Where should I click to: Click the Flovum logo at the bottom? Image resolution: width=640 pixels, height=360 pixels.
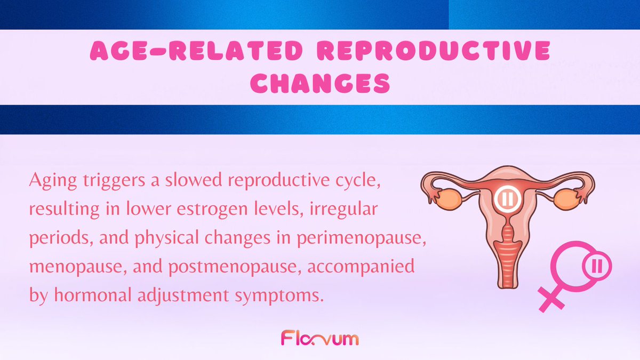[x=319, y=338]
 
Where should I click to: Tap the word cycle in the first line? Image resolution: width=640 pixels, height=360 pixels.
[x=364, y=183]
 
